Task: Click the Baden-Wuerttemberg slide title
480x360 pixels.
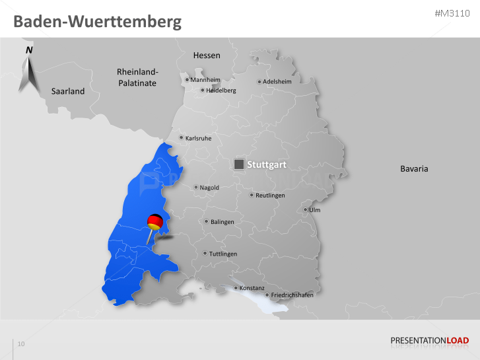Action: coord(98,21)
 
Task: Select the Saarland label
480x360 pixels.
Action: coord(68,91)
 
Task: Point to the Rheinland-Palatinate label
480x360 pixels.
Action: coord(137,77)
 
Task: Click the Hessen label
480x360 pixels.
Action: coord(207,55)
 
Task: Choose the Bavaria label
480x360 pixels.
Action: coord(414,168)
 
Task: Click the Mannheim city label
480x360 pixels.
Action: coord(205,80)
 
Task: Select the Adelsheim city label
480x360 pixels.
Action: coord(277,82)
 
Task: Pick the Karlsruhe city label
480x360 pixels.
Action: coord(199,139)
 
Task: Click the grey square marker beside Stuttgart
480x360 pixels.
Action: coord(239,164)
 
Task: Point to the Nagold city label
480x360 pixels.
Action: coord(209,188)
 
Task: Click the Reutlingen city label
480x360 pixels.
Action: coord(271,196)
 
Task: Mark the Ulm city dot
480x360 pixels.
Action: coord(305,211)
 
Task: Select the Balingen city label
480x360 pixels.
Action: coord(222,222)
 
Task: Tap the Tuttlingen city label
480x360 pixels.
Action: coord(223,254)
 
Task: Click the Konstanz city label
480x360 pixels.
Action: coord(252,288)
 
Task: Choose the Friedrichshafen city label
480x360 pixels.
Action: coord(292,295)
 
